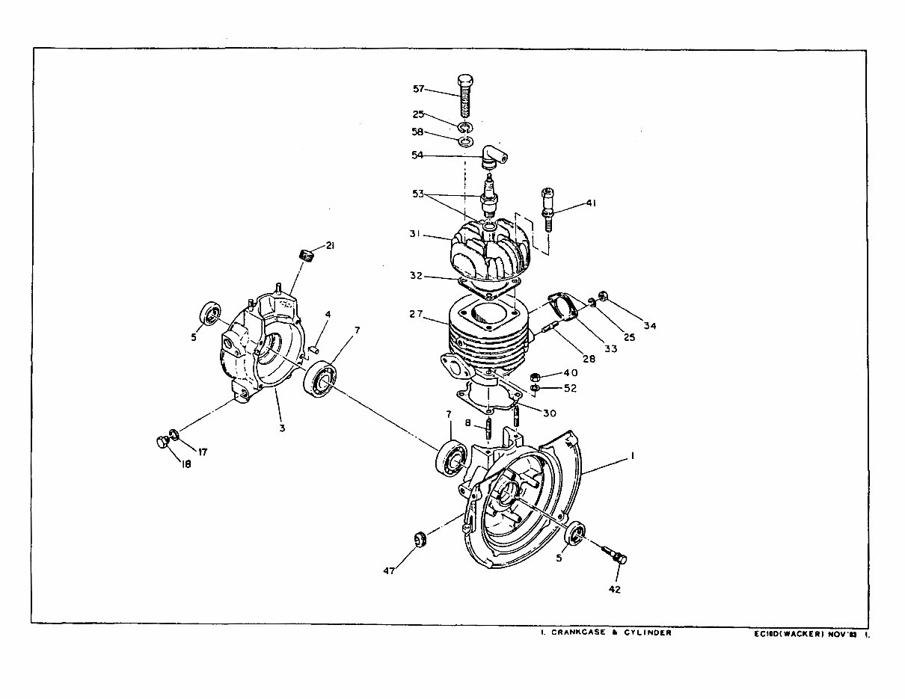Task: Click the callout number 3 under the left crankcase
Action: [282, 428]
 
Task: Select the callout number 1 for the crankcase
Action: [632, 454]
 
